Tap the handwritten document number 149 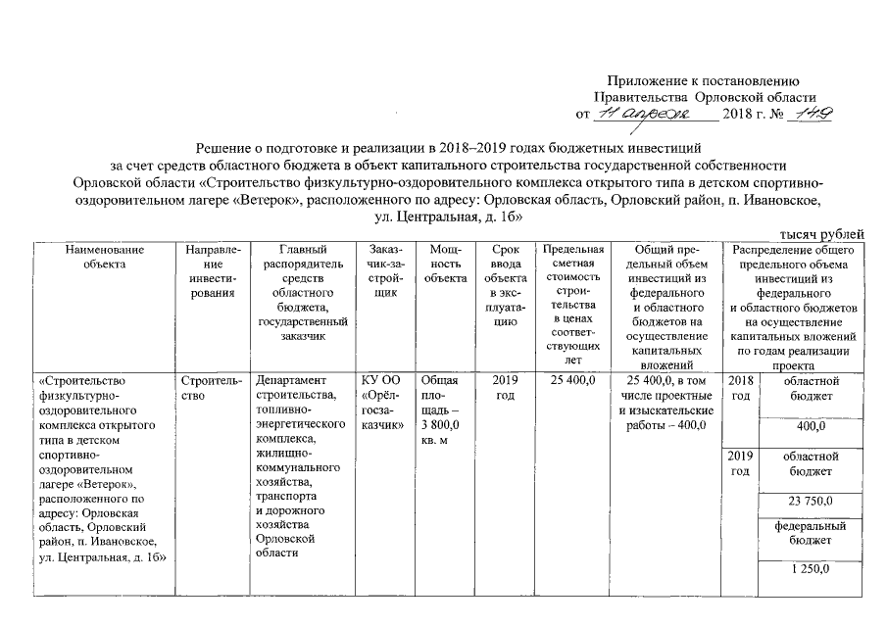[x=813, y=115]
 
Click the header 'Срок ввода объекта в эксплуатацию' [x=506, y=284]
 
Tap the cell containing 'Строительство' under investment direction [x=207, y=388]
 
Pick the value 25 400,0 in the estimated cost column [x=573, y=380]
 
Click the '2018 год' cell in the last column [x=741, y=388]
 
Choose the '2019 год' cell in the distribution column [x=741, y=464]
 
